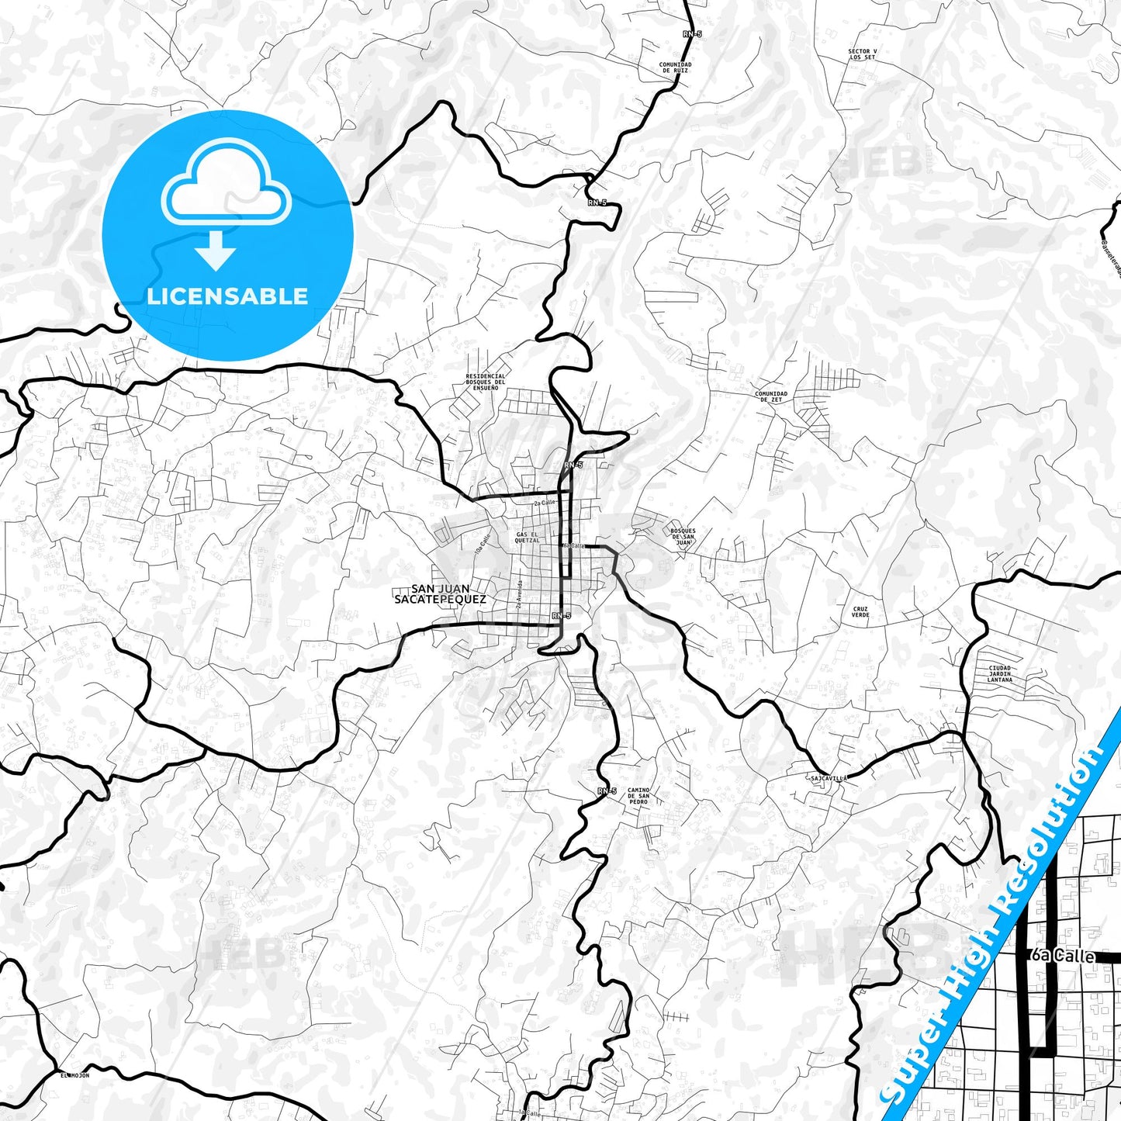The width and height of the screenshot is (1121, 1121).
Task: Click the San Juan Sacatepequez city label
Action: pyautogui.click(x=441, y=594)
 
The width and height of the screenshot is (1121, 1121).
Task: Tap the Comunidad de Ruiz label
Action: pyautogui.click(x=675, y=67)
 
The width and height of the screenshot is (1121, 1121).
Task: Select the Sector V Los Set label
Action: pyautogui.click(x=862, y=54)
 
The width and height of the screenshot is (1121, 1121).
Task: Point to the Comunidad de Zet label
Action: pyautogui.click(x=770, y=396)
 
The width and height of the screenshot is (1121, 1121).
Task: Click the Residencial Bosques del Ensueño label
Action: pyautogui.click(x=486, y=382)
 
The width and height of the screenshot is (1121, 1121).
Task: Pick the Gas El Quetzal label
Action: pyautogui.click(x=527, y=537)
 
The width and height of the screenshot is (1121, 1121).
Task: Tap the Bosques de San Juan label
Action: pyautogui.click(x=683, y=537)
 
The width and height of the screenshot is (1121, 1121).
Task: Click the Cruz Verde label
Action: pyautogui.click(x=860, y=612)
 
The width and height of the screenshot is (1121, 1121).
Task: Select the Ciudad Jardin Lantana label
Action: pyautogui.click(x=999, y=673)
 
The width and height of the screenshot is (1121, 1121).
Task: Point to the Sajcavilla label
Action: pyautogui.click(x=828, y=777)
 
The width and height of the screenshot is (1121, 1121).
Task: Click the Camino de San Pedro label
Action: pyautogui.click(x=638, y=795)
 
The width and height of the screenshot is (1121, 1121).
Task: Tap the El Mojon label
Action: pyautogui.click(x=74, y=1075)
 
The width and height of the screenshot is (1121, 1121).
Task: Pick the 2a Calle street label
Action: pyautogui.click(x=545, y=503)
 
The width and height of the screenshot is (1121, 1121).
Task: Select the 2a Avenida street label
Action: pyautogui.click(x=521, y=595)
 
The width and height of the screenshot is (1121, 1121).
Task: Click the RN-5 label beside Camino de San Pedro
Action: pyautogui.click(x=607, y=791)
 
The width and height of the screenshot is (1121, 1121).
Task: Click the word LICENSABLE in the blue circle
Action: pyautogui.click(x=227, y=296)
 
